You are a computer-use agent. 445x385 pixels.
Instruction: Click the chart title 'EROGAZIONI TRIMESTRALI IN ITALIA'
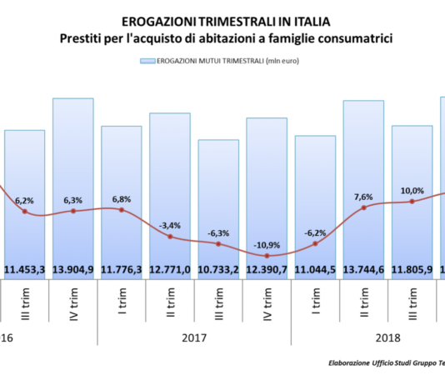click(219, 19)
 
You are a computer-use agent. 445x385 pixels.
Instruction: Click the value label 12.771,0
click(170, 269)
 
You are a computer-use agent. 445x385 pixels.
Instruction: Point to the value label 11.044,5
click(315, 269)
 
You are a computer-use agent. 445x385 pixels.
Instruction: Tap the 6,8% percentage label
click(122, 199)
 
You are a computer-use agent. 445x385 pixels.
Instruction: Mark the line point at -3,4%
click(170, 237)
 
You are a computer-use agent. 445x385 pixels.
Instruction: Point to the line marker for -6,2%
click(315, 243)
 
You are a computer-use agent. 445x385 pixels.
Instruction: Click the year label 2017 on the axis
click(194, 339)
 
